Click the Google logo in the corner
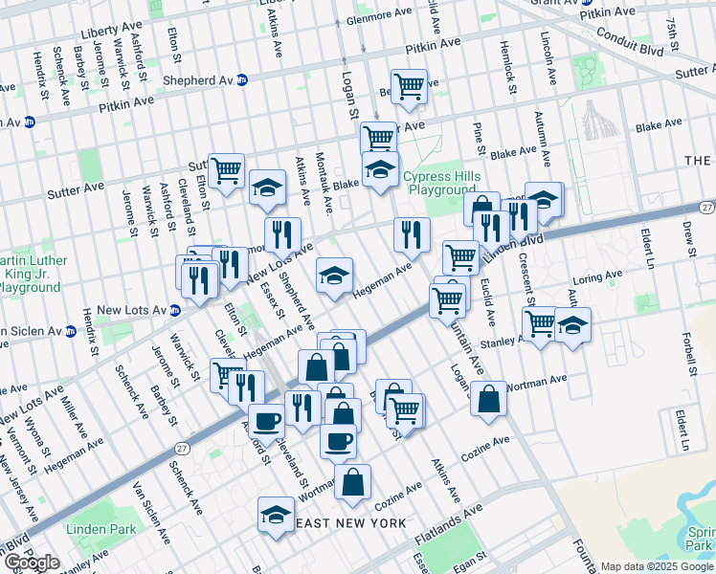[x=32, y=563]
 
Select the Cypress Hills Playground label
[x=439, y=183]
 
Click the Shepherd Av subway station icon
[x=242, y=80]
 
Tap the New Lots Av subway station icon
[x=174, y=310]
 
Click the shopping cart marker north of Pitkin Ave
[x=409, y=86]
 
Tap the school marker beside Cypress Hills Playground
[x=380, y=170]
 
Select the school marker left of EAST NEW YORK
[x=276, y=514]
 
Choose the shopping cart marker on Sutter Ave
[x=226, y=172]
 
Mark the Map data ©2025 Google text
[x=657, y=566]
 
